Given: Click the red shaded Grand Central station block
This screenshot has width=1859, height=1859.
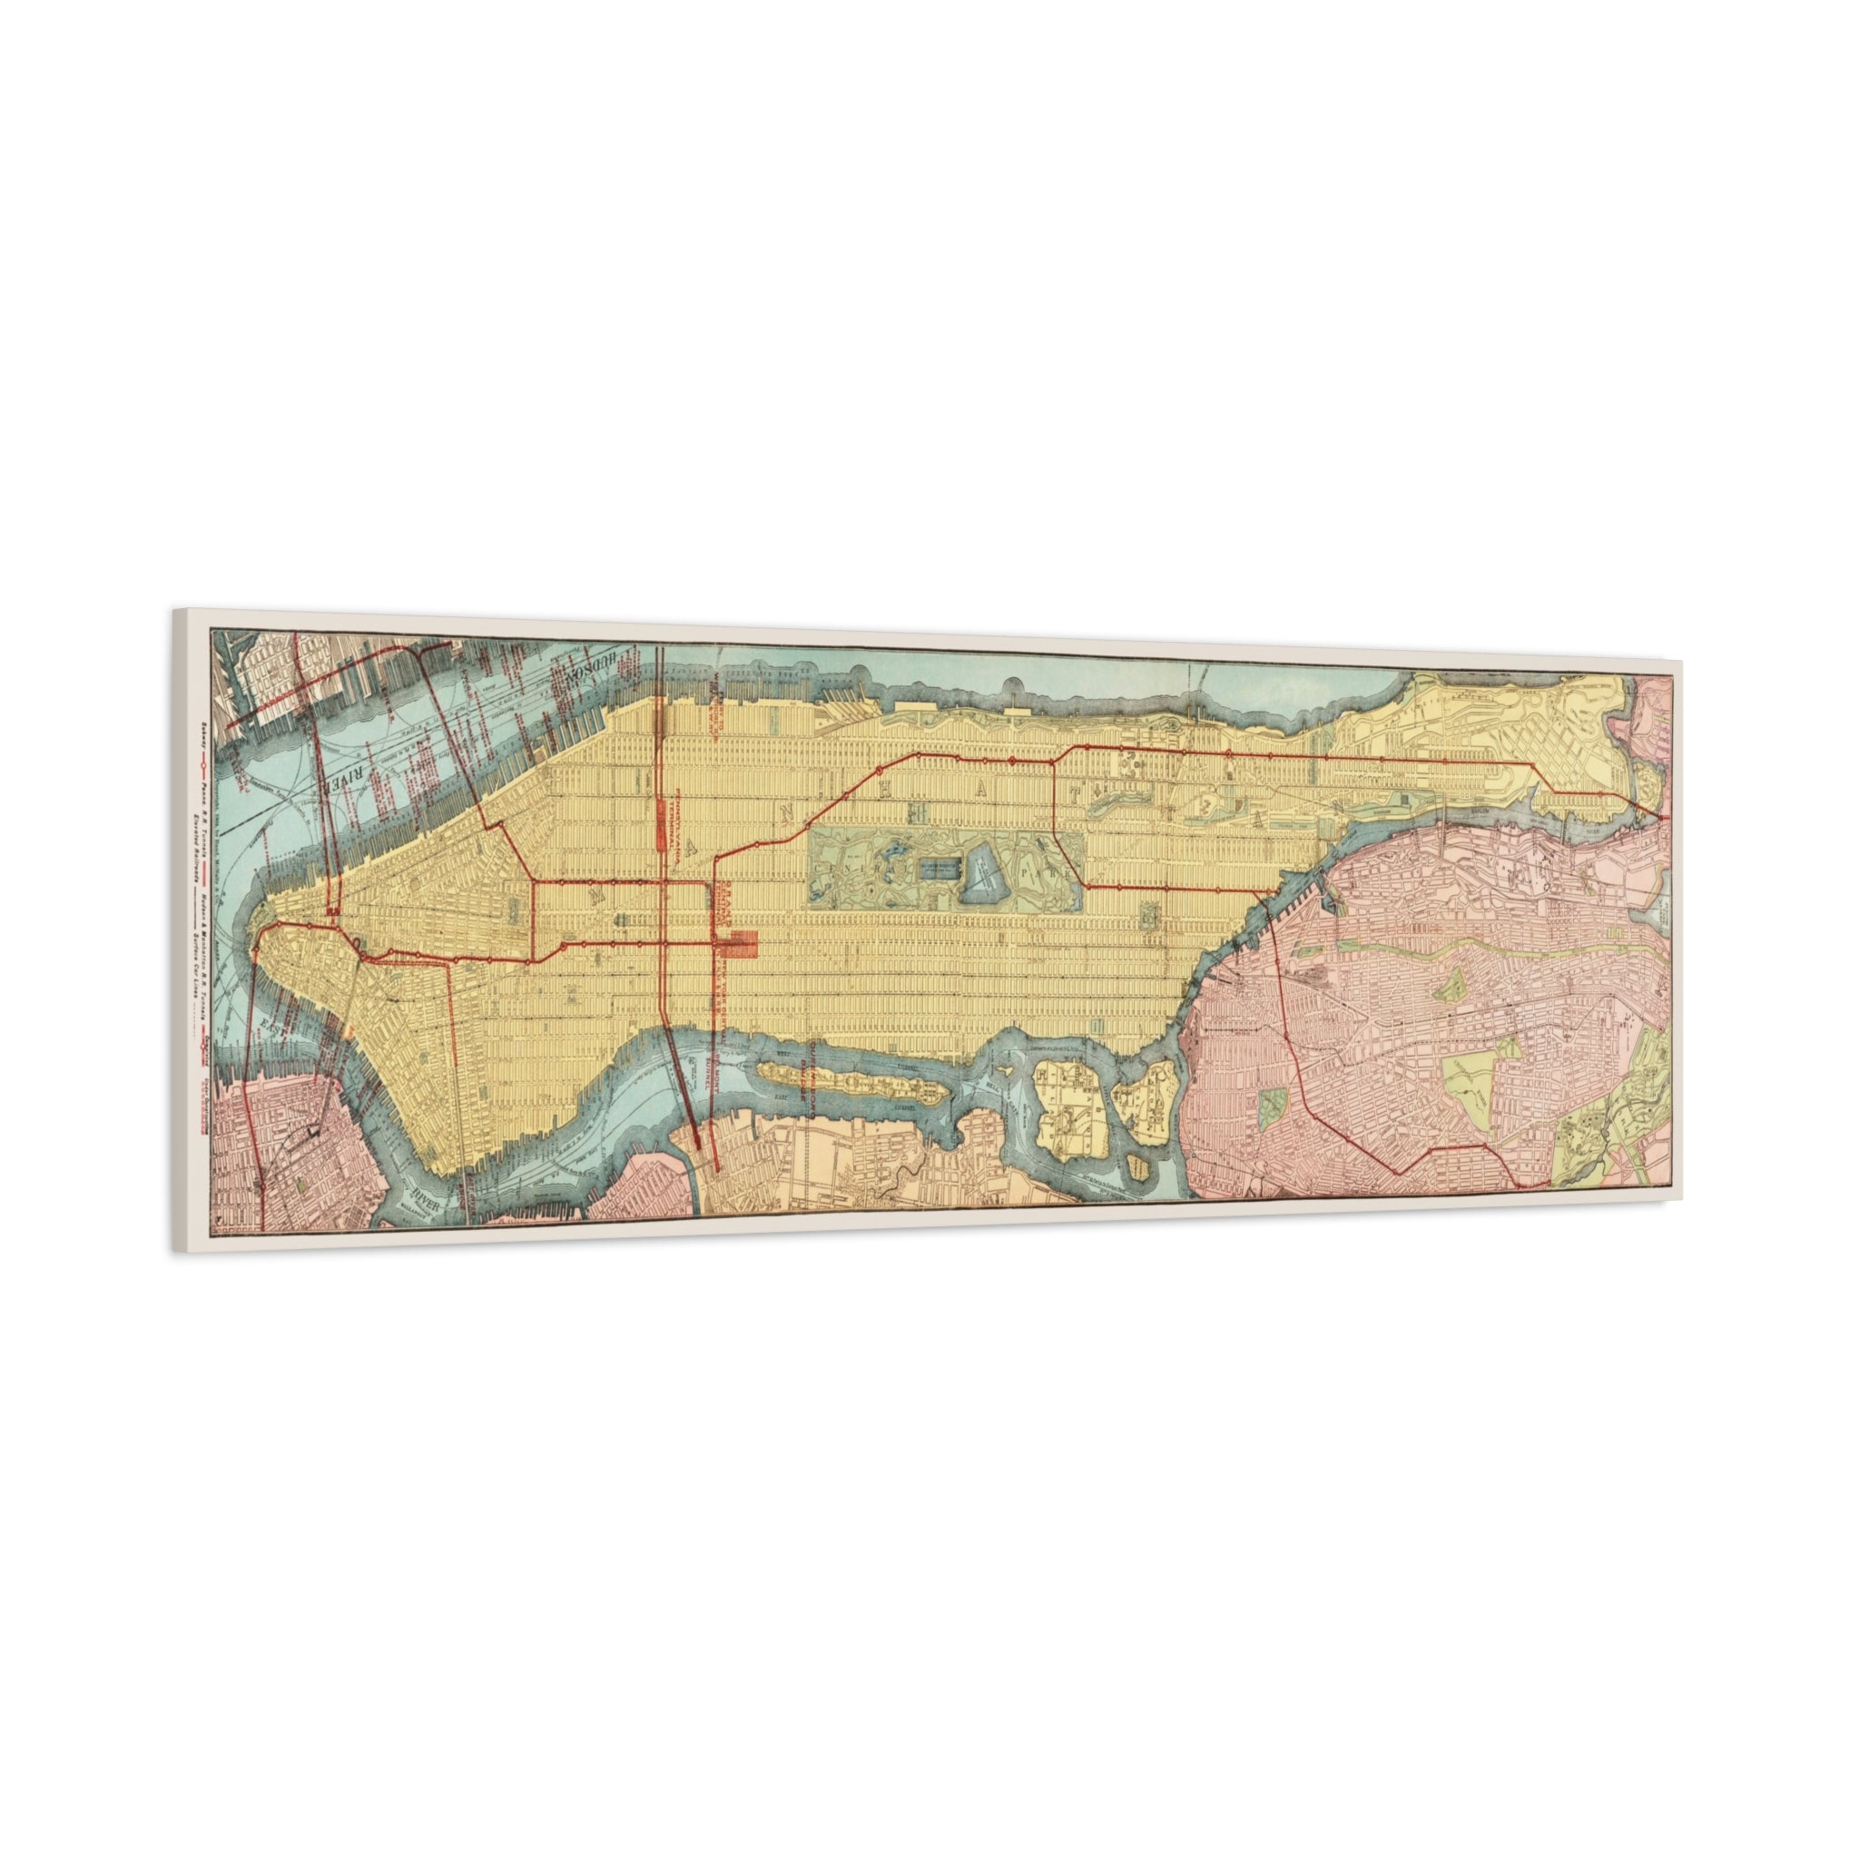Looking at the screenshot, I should [743, 943].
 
